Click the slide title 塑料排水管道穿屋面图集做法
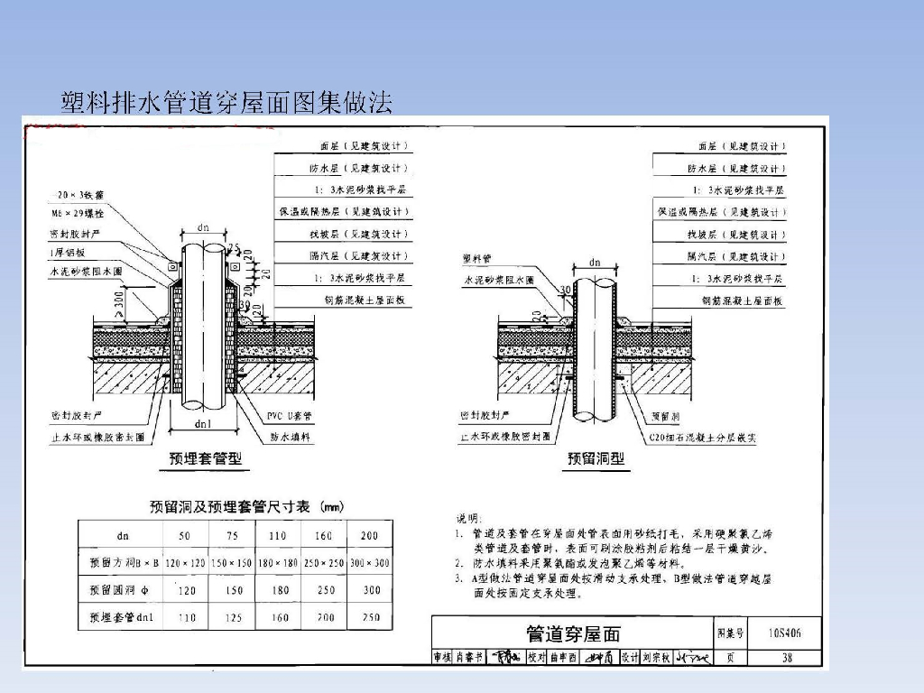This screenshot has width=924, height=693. [x=226, y=102]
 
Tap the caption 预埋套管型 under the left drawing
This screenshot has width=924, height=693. [x=206, y=458]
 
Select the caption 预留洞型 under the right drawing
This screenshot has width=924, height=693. [x=596, y=458]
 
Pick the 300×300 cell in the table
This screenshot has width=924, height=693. [x=370, y=563]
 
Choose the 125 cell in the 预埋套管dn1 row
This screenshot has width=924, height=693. [x=234, y=618]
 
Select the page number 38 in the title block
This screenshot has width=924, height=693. [x=787, y=658]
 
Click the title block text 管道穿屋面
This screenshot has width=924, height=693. [x=573, y=634]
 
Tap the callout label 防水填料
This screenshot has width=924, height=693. [x=291, y=437]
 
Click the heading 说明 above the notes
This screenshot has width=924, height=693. [x=467, y=520]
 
